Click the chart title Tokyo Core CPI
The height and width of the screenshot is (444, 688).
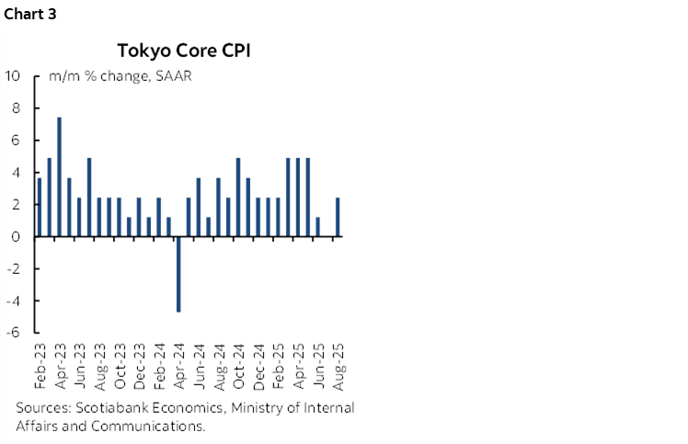pyautogui.click(x=184, y=50)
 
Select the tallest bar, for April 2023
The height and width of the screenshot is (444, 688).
pyautogui.click(x=60, y=176)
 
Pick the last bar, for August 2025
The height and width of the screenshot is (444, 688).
pyautogui.click(x=338, y=217)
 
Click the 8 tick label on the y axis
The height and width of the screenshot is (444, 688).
pyautogui.click(x=16, y=108)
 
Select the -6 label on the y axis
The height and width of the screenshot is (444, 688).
pyautogui.click(x=13, y=333)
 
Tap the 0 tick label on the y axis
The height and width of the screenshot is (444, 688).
pyautogui.click(x=16, y=236)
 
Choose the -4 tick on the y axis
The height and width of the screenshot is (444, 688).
pyautogui.click(x=13, y=301)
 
